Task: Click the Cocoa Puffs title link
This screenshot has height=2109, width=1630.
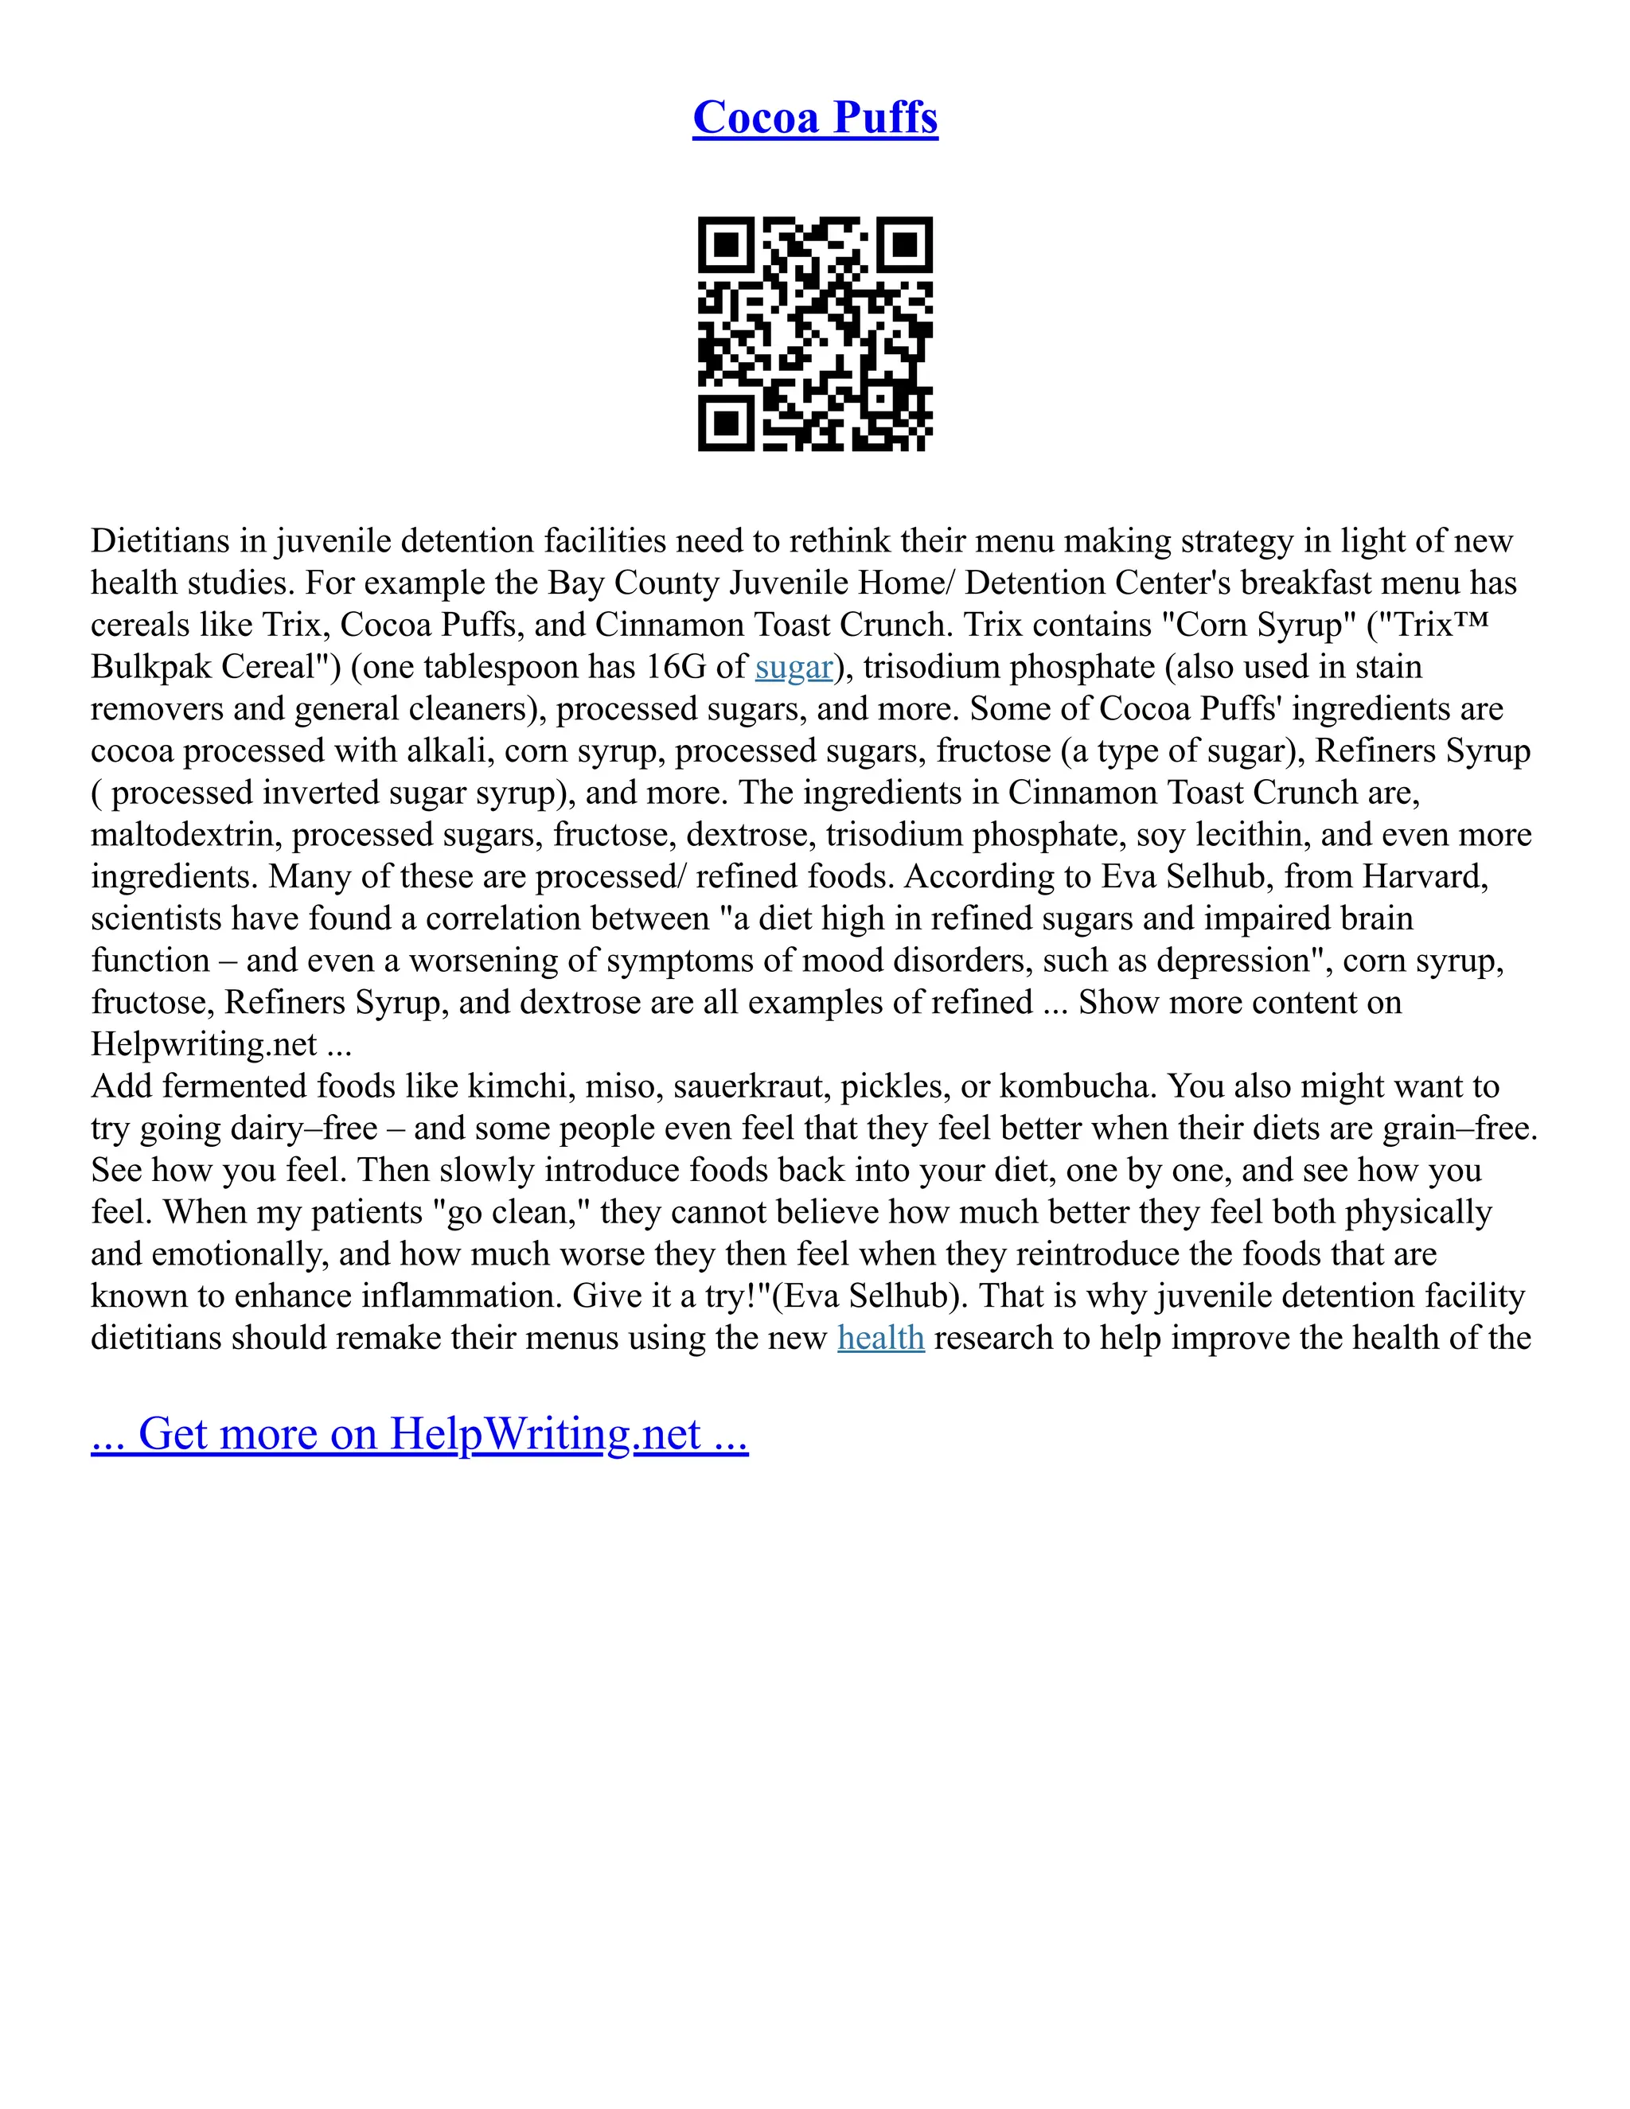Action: [x=815, y=118]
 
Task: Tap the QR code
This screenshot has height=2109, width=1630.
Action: [x=815, y=334]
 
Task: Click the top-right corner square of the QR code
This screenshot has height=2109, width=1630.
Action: [x=905, y=245]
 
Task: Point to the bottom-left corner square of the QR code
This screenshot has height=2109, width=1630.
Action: [x=725, y=423]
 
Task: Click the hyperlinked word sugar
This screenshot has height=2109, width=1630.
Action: [x=794, y=667]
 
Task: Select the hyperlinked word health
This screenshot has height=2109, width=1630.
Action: [x=881, y=1339]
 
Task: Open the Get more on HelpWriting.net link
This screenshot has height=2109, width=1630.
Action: [x=419, y=1434]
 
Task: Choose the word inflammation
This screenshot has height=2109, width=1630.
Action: [x=461, y=1296]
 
